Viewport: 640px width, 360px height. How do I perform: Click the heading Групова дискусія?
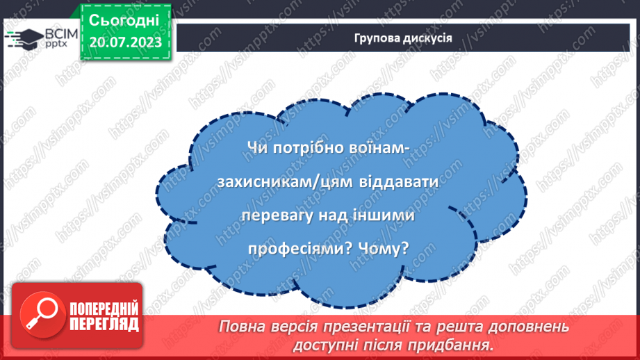(402, 38)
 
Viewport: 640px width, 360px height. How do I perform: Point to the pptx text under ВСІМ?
(56, 44)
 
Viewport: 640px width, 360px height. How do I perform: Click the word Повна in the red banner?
(240, 327)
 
